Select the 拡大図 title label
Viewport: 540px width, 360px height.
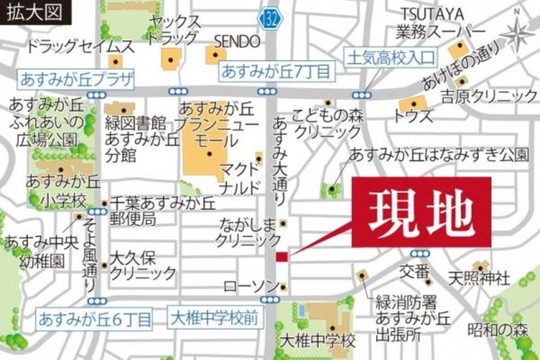(34, 13)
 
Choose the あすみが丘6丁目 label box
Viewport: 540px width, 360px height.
(95, 319)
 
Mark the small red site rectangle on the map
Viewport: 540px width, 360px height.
(281, 257)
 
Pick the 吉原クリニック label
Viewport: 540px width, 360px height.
(489, 95)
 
